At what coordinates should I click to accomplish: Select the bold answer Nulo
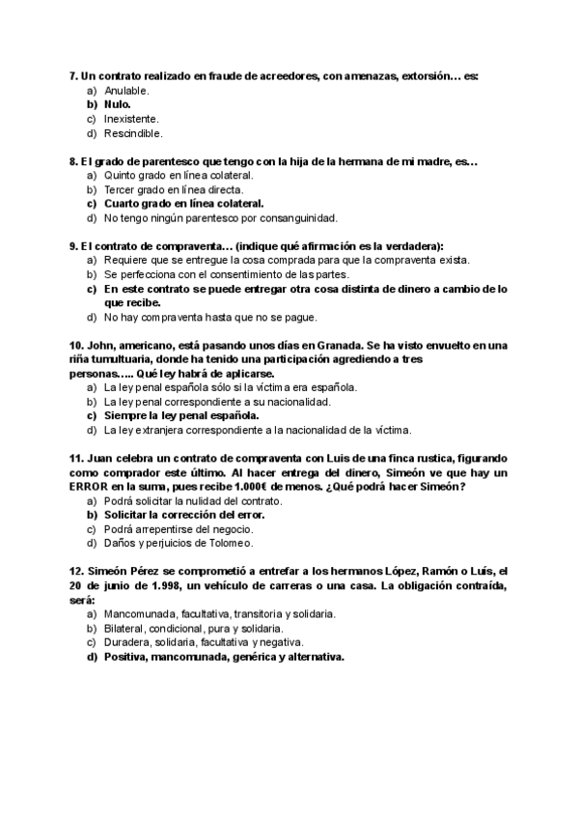117,104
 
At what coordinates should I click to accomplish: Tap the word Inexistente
131,119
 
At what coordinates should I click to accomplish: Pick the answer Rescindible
133,133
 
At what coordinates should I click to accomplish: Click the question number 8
73,161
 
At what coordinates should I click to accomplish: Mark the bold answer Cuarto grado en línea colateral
183,204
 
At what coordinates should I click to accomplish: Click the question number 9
73,246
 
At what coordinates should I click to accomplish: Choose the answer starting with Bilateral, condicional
200,628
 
